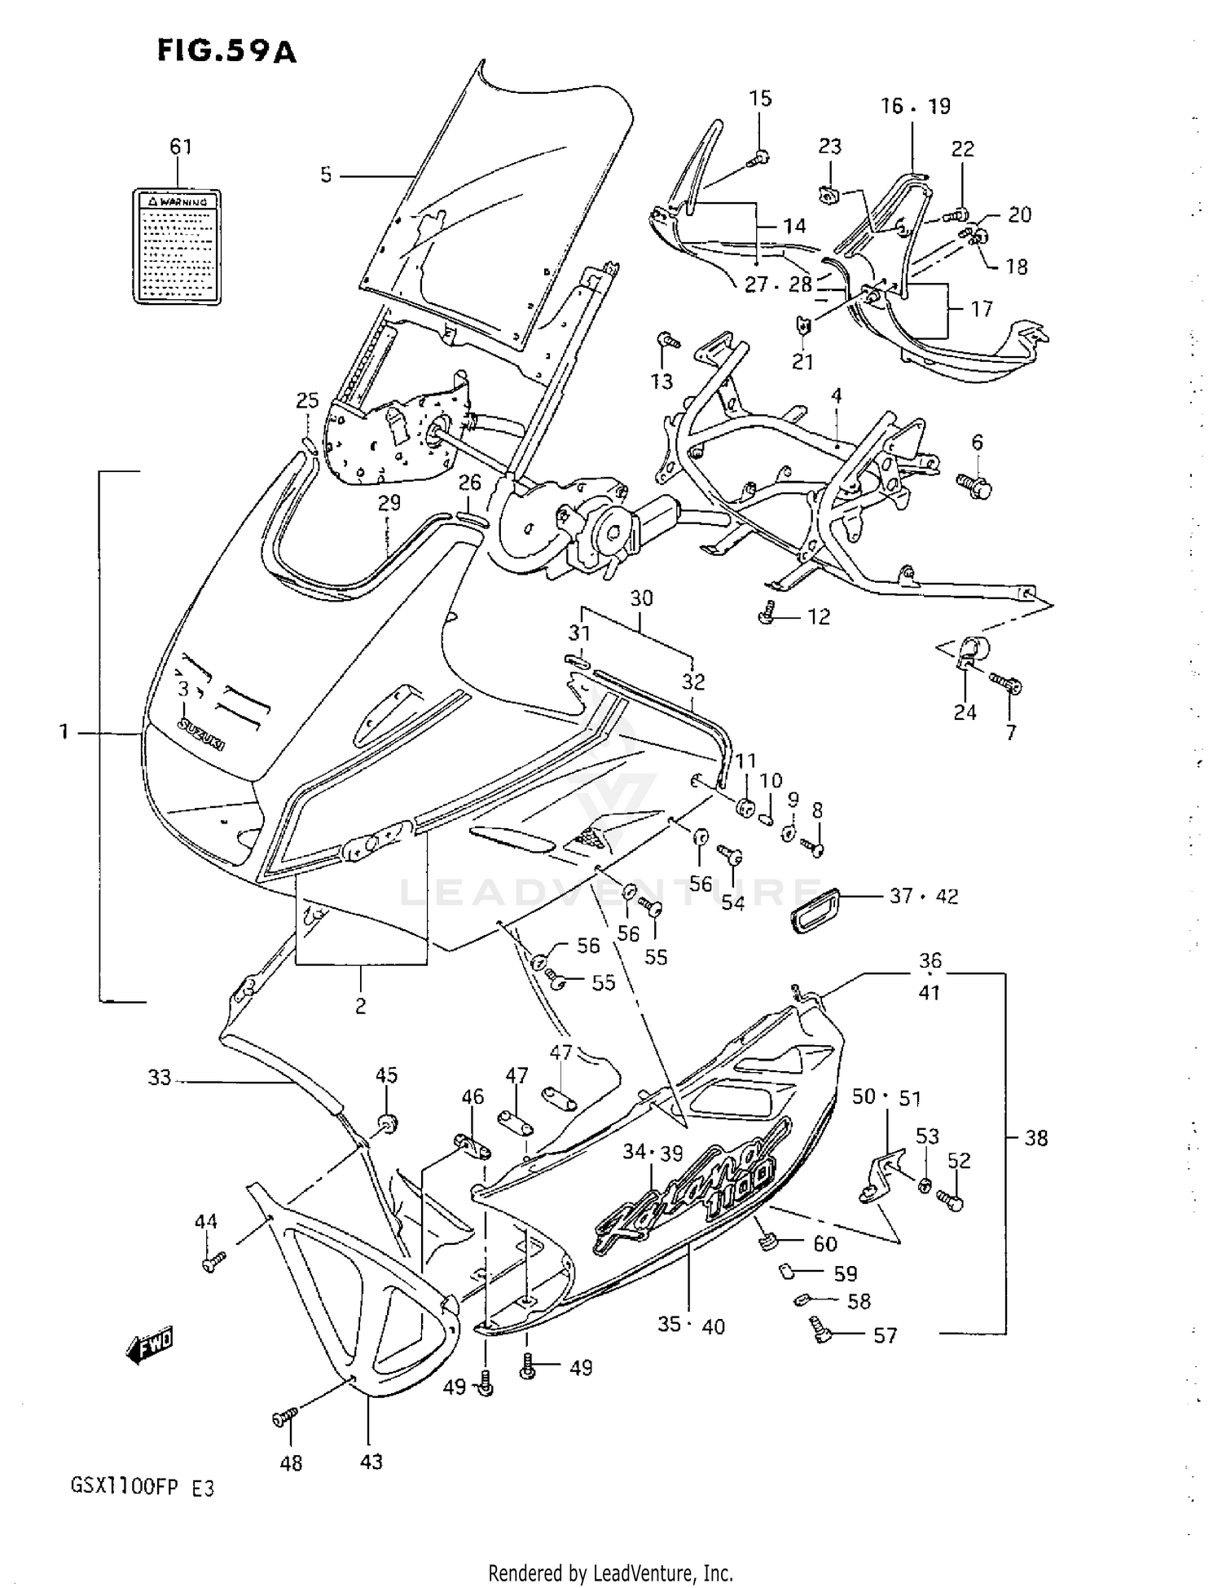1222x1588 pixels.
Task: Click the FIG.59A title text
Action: click(226, 51)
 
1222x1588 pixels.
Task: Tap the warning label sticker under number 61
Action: click(177, 247)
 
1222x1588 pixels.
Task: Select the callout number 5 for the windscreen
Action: click(326, 174)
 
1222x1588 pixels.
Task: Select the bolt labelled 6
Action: click(976, 487)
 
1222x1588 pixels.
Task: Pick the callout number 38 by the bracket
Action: click(1035, 1137)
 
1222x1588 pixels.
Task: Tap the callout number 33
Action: click(159, 1078)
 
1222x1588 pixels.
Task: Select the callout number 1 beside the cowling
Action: click(64, 732)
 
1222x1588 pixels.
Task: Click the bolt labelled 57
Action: click(820, 1332)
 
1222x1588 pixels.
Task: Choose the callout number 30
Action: click(641, 598)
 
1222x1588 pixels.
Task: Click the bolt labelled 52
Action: click(950, 1199)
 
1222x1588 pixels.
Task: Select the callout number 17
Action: click(982, 309)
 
